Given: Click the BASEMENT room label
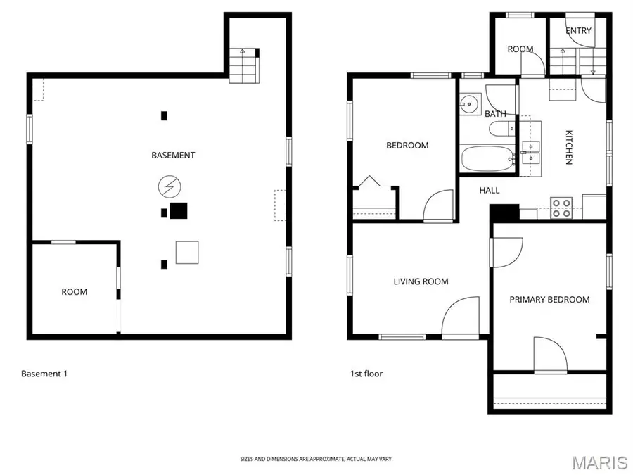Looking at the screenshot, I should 173,155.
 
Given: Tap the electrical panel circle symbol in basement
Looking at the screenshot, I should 169,186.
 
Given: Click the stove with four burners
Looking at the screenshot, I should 561,208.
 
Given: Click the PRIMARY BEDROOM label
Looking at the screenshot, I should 549,300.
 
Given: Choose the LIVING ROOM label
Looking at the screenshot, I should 421,281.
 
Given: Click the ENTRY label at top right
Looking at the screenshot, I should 578,30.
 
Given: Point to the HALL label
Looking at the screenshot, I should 490,190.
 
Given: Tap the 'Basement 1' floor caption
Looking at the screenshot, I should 44,374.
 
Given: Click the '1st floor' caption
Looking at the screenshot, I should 366,374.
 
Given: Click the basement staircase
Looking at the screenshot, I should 244,65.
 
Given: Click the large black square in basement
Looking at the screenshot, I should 179,210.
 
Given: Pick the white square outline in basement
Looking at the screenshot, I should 187,252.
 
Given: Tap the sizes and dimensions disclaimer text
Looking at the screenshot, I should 316,459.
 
